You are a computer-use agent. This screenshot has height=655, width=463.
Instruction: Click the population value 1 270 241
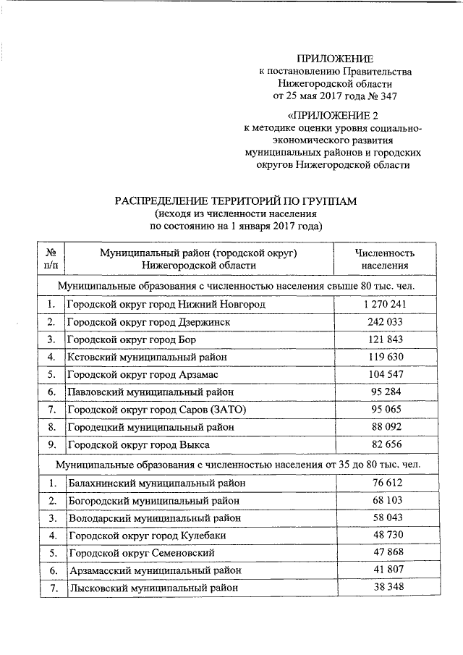coord(384,305)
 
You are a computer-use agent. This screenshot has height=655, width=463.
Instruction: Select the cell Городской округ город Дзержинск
coord(149,322)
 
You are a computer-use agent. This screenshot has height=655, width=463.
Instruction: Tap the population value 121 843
coord(384,339)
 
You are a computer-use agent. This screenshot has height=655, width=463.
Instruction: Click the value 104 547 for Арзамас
coord(384,374)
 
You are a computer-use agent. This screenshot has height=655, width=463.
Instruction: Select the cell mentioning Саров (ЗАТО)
coord(157,409)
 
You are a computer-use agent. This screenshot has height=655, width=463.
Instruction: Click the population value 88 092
coord(384,426)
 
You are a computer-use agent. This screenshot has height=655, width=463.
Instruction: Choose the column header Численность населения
coord(384,259)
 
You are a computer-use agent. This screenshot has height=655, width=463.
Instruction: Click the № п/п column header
coord(51,259)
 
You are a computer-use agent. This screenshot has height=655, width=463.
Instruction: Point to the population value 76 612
coord(384,483)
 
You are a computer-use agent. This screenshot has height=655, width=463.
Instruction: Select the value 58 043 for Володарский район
coord(384,518)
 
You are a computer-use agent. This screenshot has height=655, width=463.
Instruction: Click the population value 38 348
coord(384,588)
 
